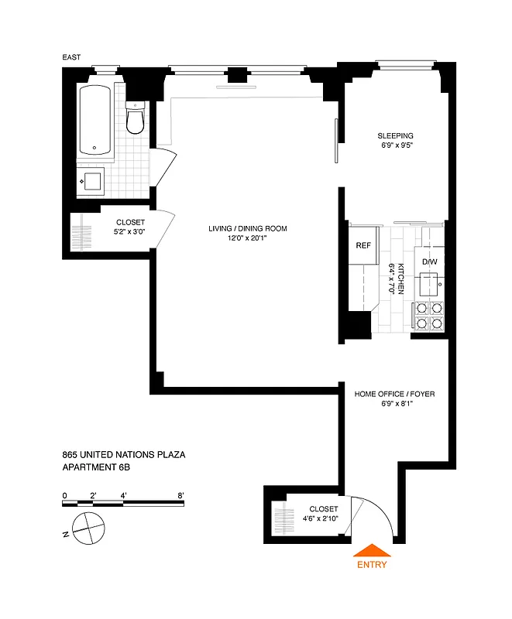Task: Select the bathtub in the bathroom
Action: click(x=94, y=119)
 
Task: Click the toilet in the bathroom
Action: click(x=136, y=119)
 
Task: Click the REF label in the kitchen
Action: click(x=363, y=245)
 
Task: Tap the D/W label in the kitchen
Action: click(x=429, y=262)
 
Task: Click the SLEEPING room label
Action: click(x=395, y=135)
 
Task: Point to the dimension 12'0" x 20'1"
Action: click(x=247, y=238)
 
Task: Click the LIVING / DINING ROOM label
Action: click(x=247, y=228)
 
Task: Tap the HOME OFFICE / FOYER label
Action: click(x=394, y=394)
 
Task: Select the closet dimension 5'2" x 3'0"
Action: click(x=130, y=232)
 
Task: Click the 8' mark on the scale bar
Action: click(x=180, y=494)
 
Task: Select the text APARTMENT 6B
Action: click(x=100, y=467)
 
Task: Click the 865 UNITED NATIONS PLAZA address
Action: click(x=123, y=455)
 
